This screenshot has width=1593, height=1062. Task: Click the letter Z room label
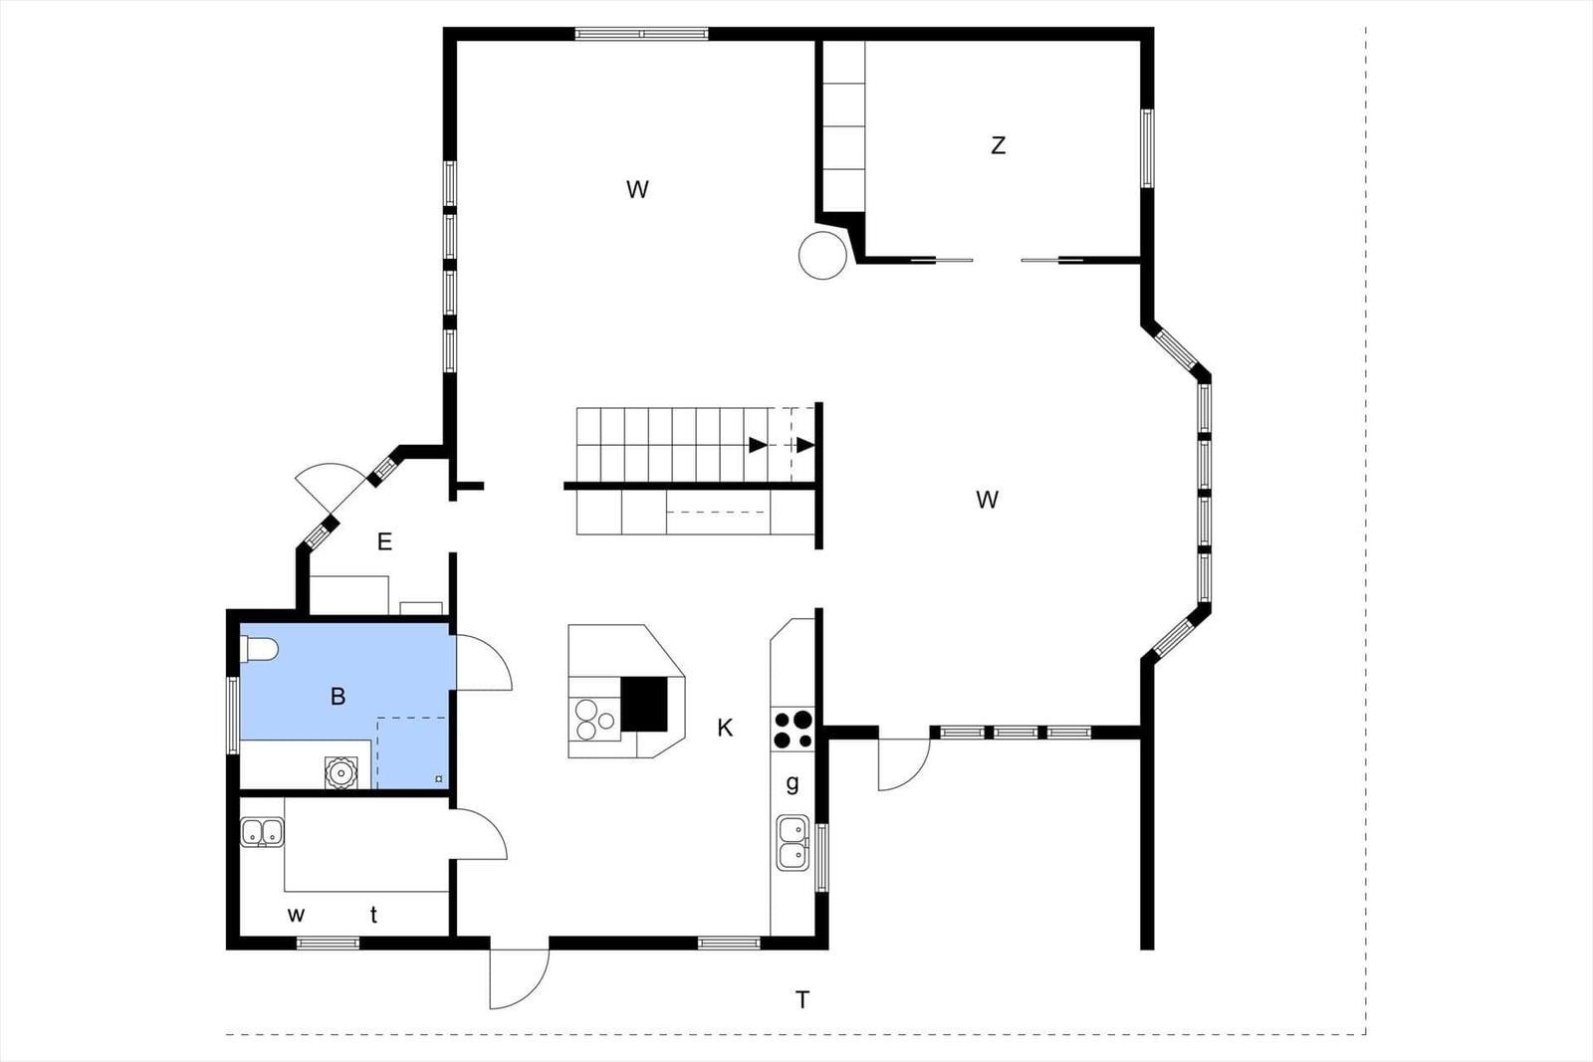[999, 145]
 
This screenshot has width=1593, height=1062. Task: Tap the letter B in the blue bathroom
[338, 696]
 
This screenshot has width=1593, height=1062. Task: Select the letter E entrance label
[384, 541]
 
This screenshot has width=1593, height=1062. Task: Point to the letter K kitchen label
[725, 728]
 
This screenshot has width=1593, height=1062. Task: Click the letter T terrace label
[802, 1000]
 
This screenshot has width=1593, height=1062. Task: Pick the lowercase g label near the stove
[793, 783]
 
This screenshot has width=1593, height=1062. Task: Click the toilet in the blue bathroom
[259, 649]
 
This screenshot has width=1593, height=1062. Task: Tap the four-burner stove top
[793, 730]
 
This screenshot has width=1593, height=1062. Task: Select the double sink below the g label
[793, 842]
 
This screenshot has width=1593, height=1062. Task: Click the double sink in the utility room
[263, 832]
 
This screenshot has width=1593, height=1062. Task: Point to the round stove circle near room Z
[822, 255]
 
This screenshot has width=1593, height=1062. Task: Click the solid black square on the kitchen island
[644, 704]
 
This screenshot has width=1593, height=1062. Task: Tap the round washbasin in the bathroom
[341, 772]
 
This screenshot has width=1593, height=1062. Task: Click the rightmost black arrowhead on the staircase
[805, 445]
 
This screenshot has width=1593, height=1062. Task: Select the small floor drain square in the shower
[439, 779]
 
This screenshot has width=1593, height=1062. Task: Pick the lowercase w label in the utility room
[296, 915]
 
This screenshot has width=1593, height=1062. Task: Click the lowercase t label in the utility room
[373, 914]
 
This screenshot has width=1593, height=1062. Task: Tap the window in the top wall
[641, 34]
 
